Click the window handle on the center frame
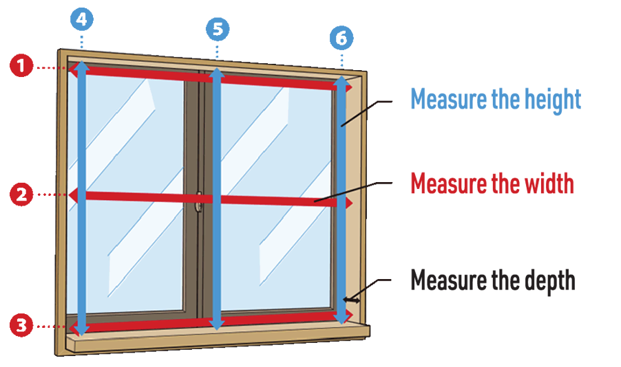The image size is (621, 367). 198,201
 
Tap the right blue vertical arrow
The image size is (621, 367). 341,199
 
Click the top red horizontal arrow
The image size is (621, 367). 207,78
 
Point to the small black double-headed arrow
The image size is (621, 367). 353,300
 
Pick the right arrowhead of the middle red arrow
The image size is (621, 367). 348,203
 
